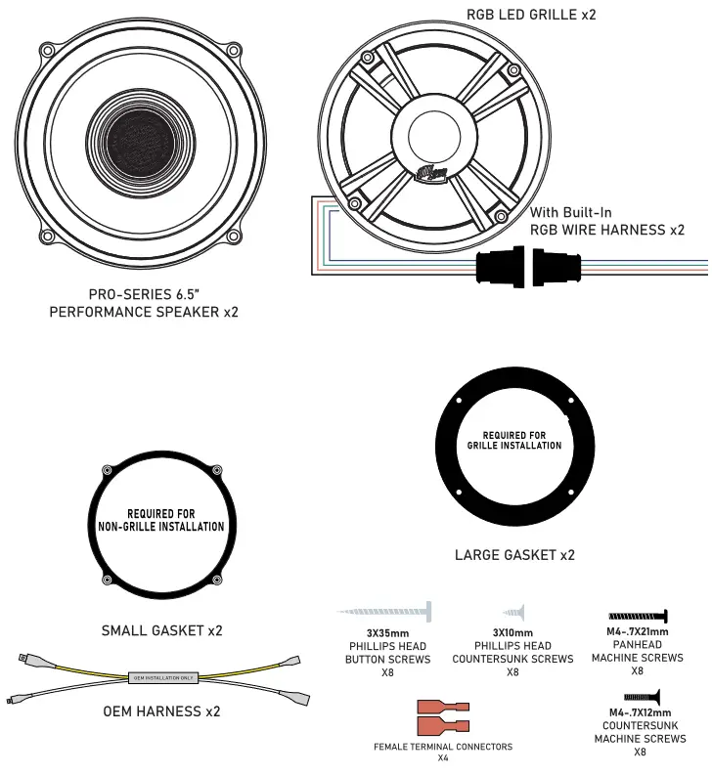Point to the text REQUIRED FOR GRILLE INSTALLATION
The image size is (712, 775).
[x=514, y=440]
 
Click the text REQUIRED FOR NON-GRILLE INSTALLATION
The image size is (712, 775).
[x=161, y=520]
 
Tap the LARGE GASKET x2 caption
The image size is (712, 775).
[x=514, y=555]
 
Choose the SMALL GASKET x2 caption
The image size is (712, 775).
[x=161, y=630]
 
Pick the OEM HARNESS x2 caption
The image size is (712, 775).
[x=161, y=710]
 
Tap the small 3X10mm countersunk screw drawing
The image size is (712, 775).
[x=512, y=612]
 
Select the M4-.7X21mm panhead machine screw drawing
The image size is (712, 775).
[x=637, y=616]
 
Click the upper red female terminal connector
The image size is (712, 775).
[x=443, y=707]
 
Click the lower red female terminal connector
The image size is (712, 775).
[x=443, y=725]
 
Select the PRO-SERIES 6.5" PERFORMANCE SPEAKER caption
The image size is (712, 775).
[x=144, y=302]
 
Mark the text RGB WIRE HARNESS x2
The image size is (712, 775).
[x=606, y=231]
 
